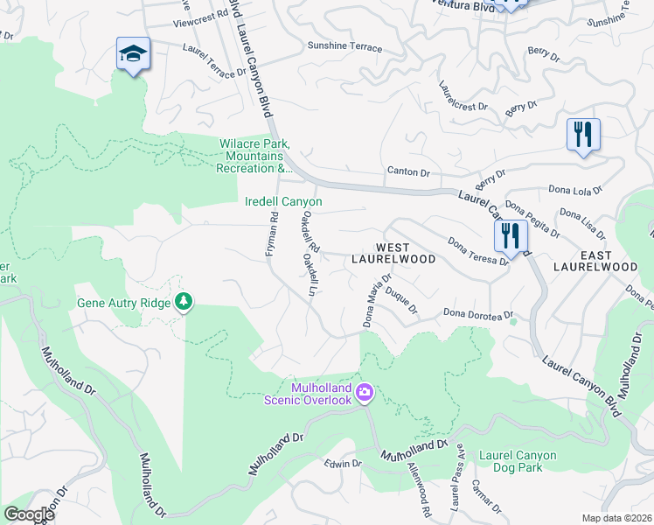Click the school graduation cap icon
click(x=133, y=54)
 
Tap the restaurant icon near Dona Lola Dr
click(x=582, y=135)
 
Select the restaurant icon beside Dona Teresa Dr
click(x=510, y=235)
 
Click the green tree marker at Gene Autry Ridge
click(x=184, y=302)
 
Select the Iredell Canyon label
click(x=282, y=202)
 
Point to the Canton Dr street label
click(x=407, y=171)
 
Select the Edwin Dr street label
click(x=342, y=463)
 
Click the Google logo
click(x=29, y=514)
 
